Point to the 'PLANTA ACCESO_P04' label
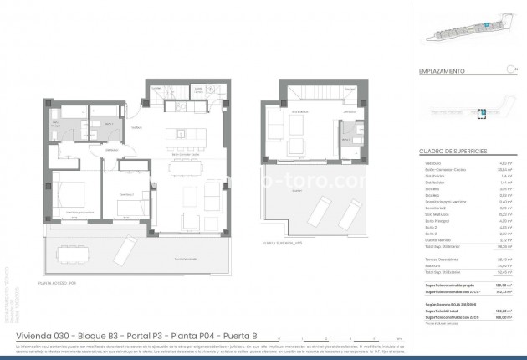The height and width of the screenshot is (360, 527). coord(58,283)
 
